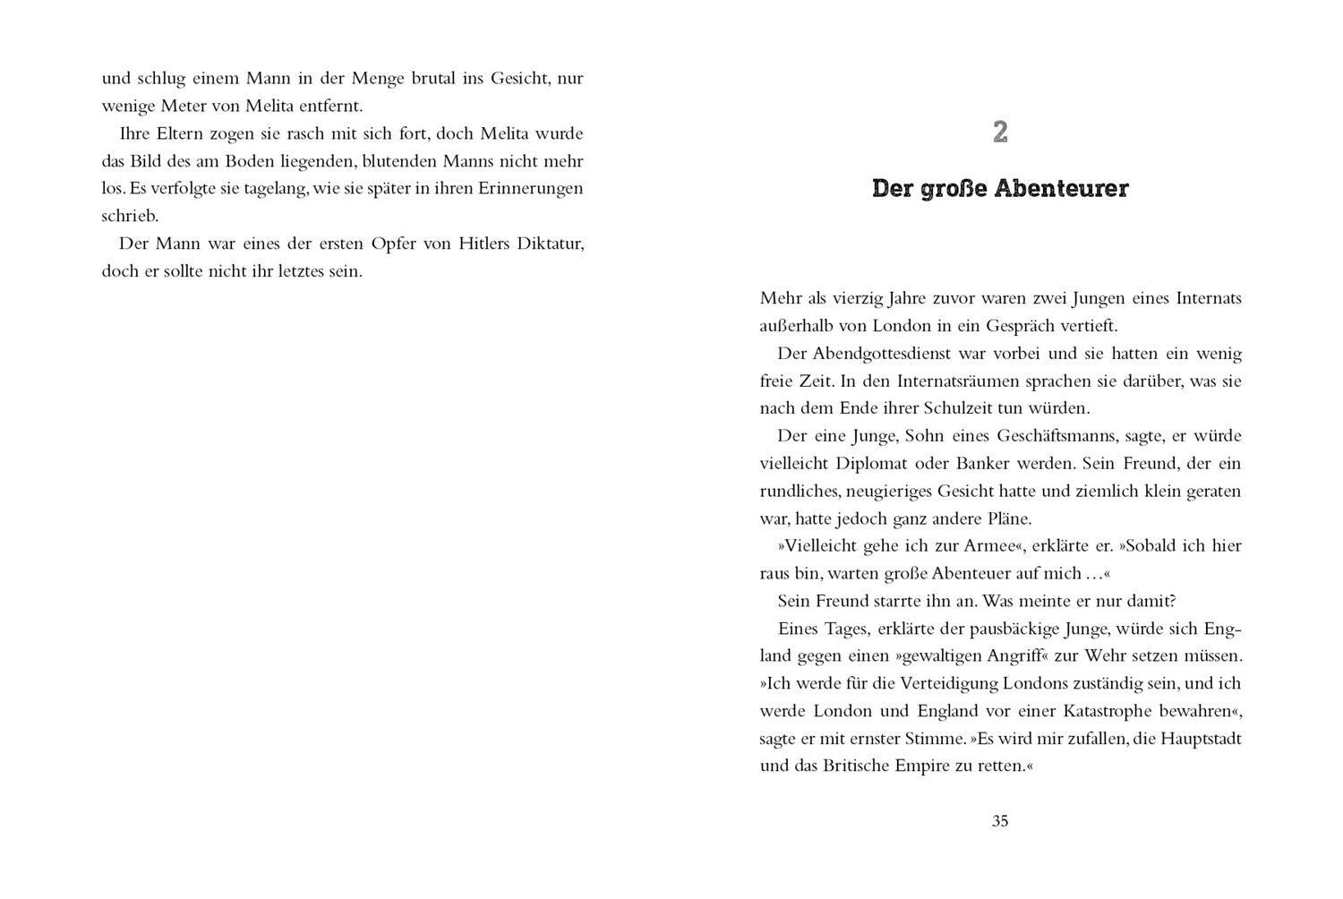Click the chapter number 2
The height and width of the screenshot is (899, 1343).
coord(1000,133)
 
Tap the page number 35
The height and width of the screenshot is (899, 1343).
coord(1000,821)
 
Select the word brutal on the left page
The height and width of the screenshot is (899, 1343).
coord(433,78)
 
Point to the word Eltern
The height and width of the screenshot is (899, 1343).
coord(175,133)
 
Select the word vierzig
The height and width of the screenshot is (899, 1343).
coord(860,298)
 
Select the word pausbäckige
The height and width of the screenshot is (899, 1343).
coord(984,629)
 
